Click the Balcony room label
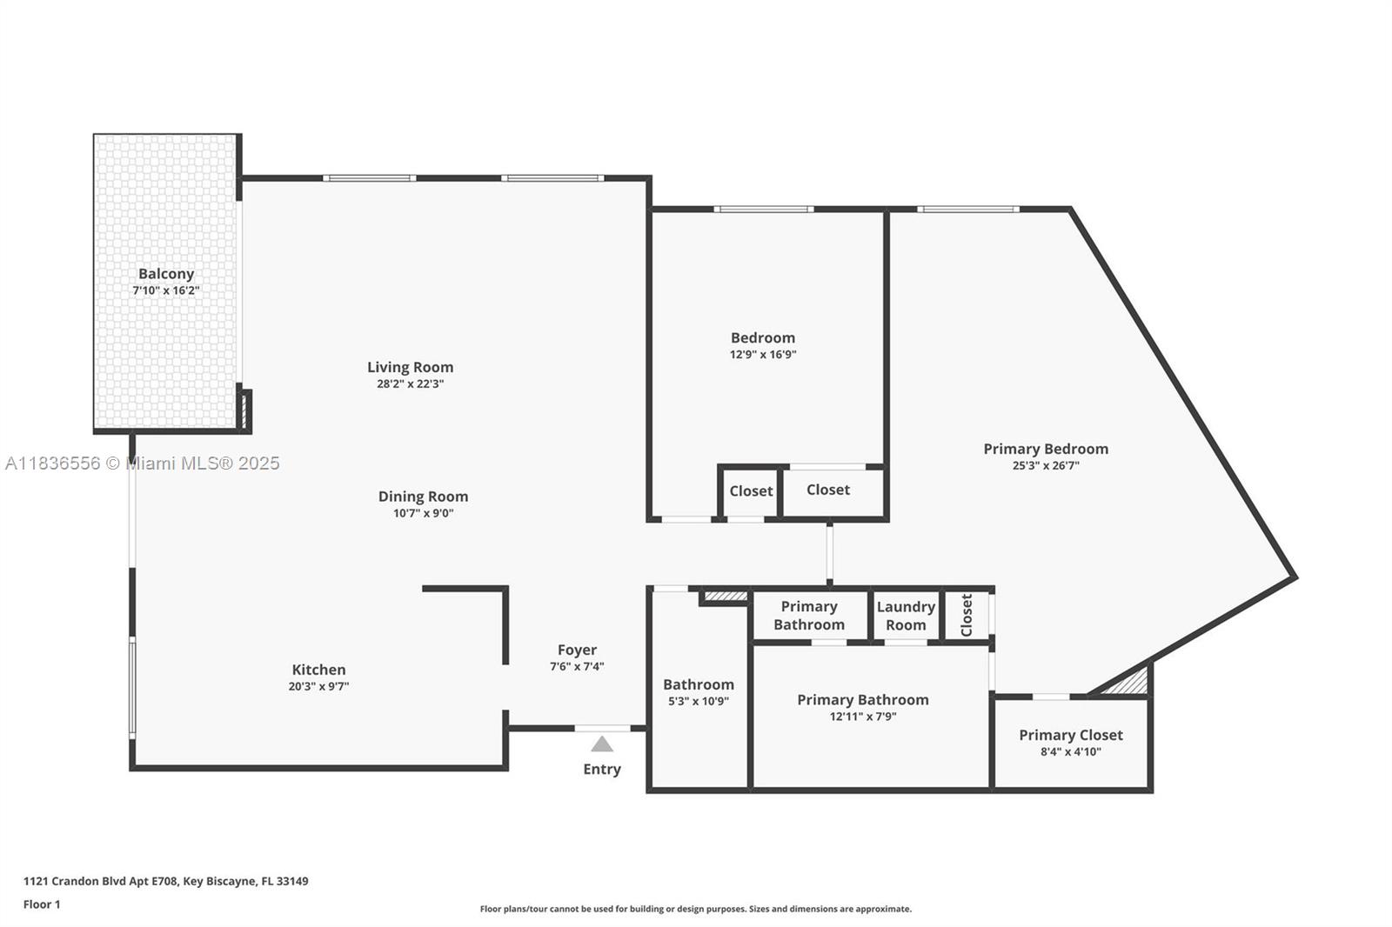(165, 274)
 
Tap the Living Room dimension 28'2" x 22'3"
(410, 383)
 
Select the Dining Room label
(423, 497)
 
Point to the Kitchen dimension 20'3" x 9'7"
(318, 686)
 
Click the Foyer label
(577, 650)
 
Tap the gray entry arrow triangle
(602, 744)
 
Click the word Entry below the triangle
(602, 769)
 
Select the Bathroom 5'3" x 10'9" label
(698, 685)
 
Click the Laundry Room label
(906, 616)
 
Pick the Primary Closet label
(1070, 735)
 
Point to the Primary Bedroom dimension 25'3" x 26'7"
(1046, 465)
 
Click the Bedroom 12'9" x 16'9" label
(762, 338)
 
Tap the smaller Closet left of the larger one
(751, 491)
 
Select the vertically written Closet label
(967, 615)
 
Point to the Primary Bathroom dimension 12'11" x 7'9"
(862, 717)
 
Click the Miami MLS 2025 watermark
(142, 463)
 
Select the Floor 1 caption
(42, 904)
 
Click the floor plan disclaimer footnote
(696, 909)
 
